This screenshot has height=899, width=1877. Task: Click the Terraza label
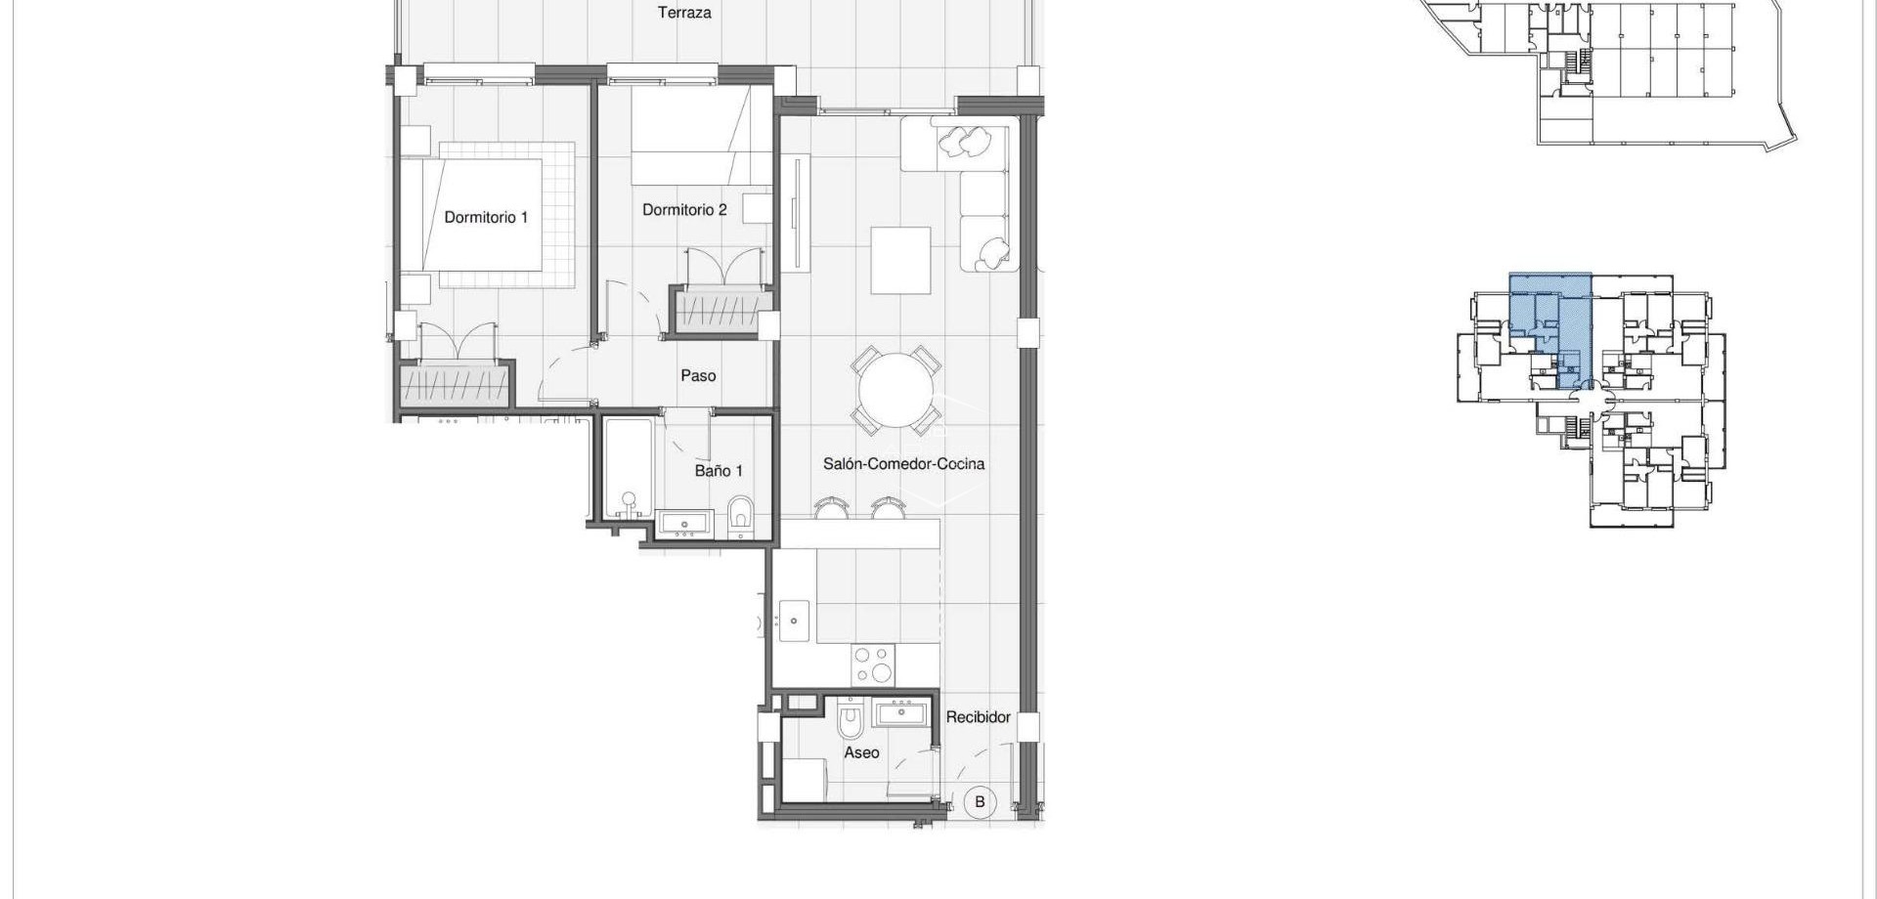click(684, 13)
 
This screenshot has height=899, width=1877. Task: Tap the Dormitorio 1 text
click(486, 217)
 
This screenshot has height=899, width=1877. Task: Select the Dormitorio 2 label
click(684, 209)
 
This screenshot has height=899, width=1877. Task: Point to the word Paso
click(698, 375)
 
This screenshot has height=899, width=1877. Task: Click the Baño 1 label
click(719, 471)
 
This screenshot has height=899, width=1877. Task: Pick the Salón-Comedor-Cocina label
click(903, 464)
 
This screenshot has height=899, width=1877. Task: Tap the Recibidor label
click(978, 717)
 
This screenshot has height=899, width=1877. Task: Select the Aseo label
click(861, 752)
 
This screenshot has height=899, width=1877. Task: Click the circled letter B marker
click(980, 802)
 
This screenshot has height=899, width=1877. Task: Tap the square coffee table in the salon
click(900, 260)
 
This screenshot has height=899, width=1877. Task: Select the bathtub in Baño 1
click(628, 469)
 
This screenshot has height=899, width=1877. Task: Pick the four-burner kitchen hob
click(873, 664)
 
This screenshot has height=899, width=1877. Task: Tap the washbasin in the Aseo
click(901, 712)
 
